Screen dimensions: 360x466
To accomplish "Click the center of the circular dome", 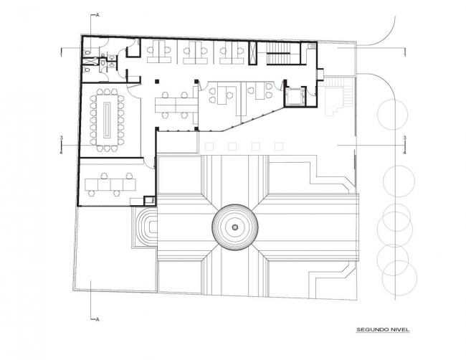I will [234, 228].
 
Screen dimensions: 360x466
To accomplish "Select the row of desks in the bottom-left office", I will [110, 184].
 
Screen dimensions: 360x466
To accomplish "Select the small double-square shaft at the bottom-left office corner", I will [149, 202].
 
